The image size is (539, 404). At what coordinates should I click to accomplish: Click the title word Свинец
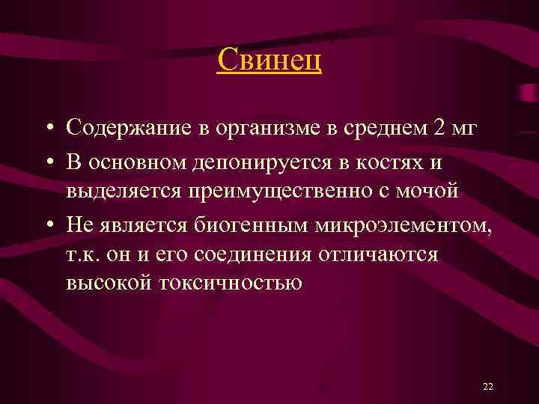[x=269, y=60]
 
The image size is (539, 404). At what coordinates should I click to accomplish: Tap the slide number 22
[x=488, y=386]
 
